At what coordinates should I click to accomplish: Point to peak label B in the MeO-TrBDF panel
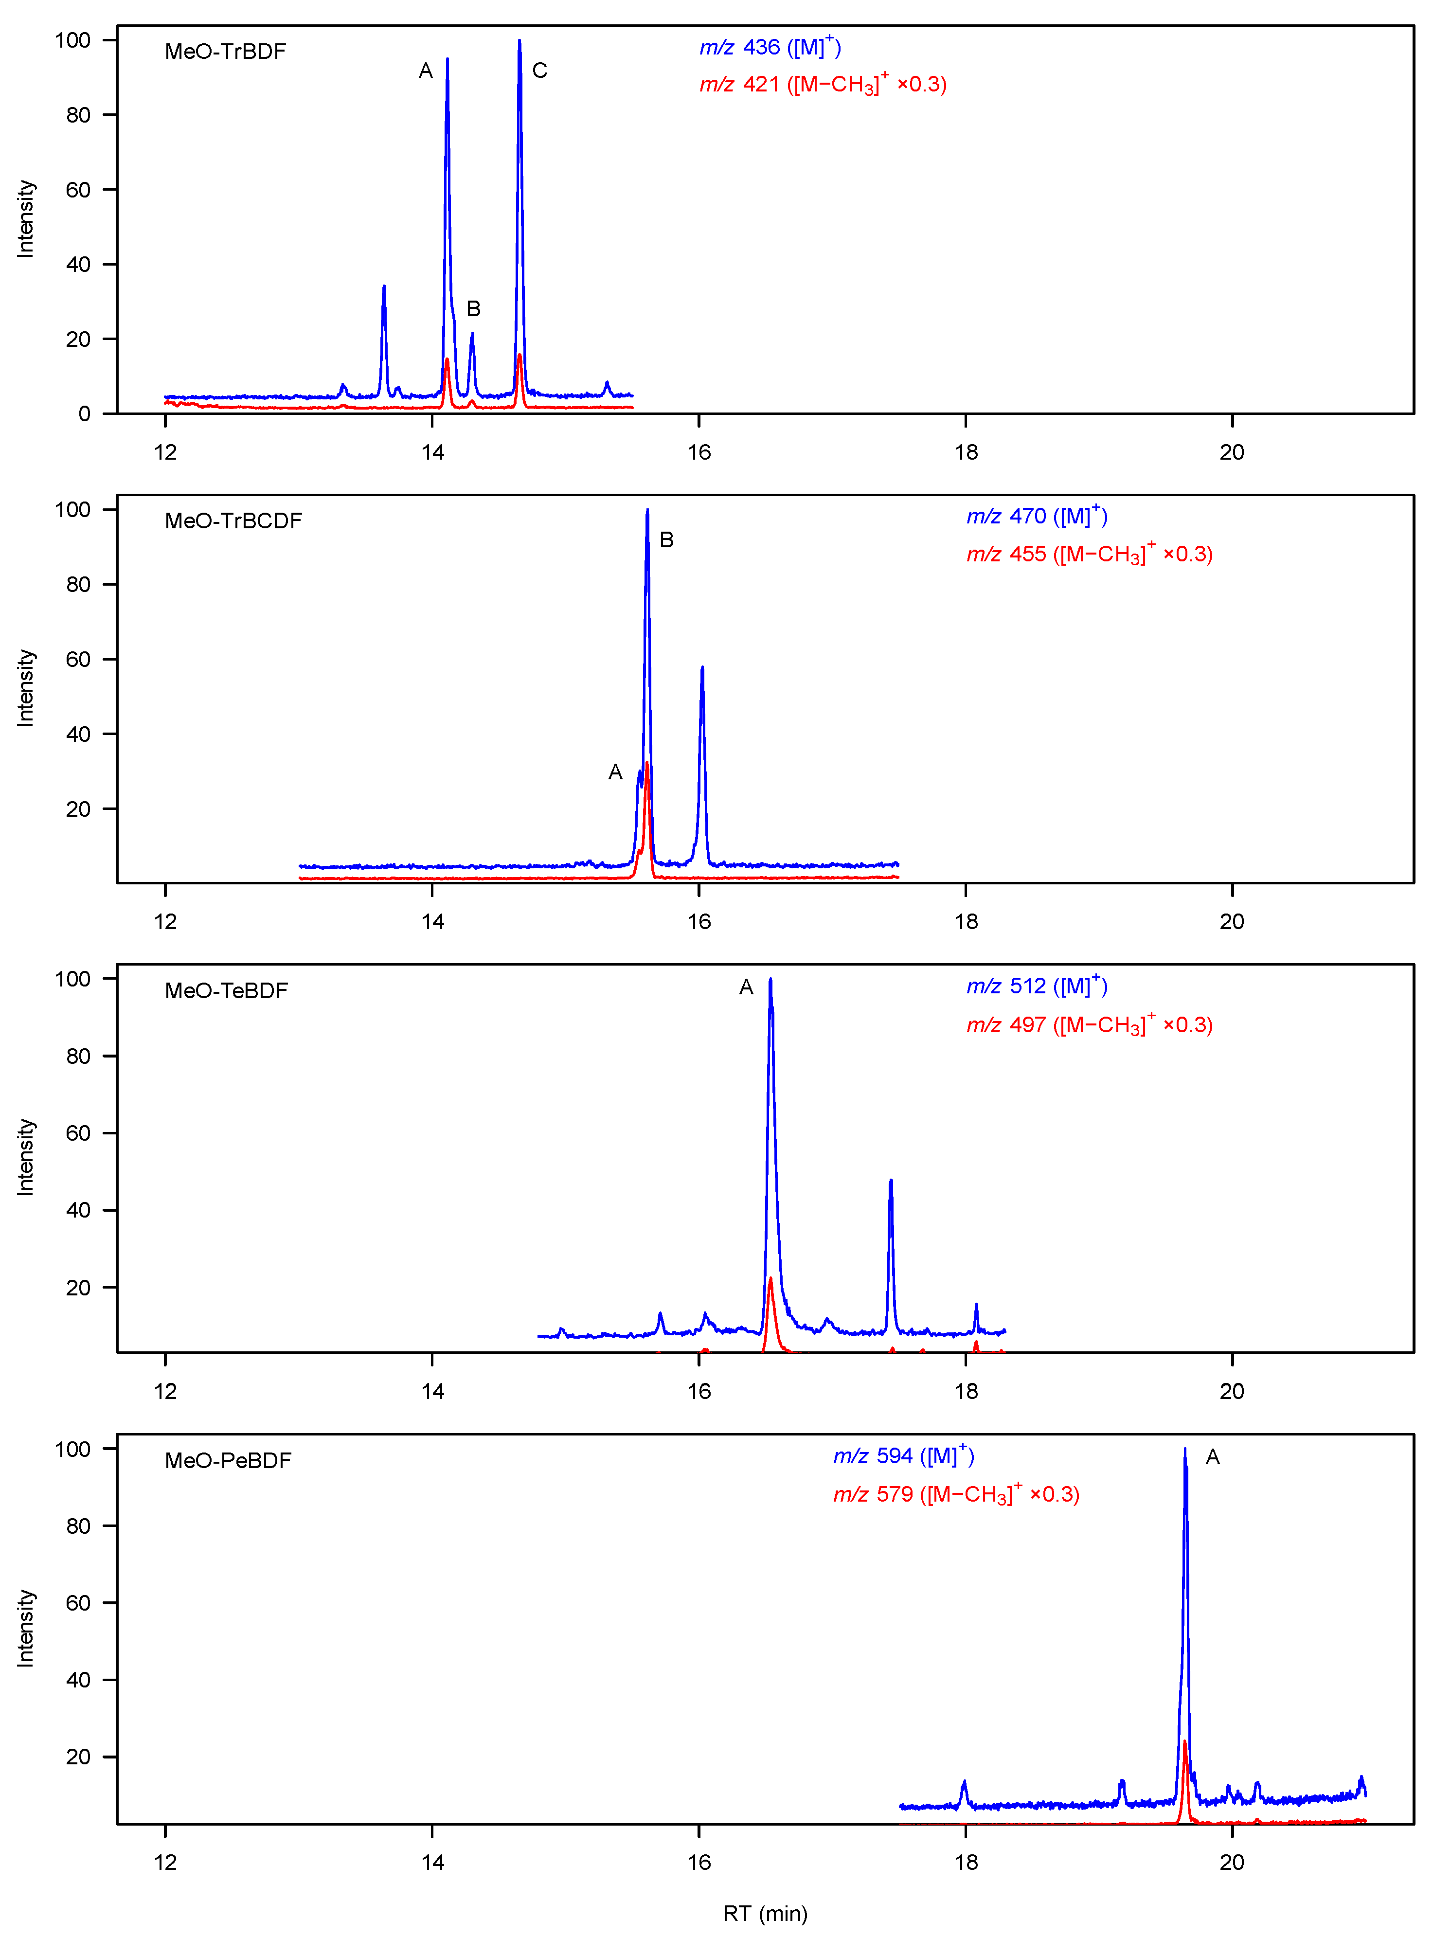coord(474,309)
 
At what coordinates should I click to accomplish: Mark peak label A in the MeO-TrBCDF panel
coord(615,772)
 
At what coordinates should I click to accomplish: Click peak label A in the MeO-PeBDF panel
coord(1213,1457)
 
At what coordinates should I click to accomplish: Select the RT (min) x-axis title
coord(765,1913)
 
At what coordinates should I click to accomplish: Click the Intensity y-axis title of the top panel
coord(26,218)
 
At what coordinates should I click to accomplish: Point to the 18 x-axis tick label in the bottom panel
coord(966,1862)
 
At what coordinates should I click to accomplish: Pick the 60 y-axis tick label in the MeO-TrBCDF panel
coord(78,659)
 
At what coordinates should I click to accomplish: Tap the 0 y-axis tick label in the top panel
coord(84,414)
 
